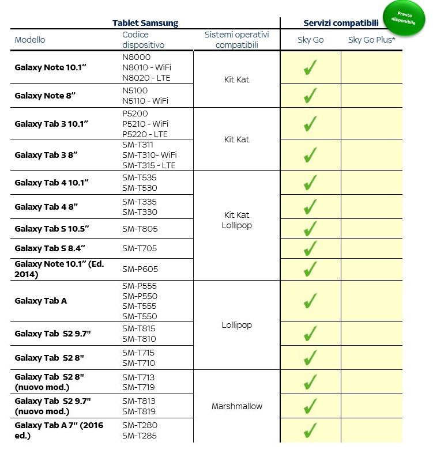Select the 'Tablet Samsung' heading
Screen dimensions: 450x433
(145, 23)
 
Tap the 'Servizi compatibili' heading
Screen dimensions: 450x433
(341, 23)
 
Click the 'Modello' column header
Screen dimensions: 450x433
(30, 40)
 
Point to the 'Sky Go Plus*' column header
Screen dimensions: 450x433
(371, 40)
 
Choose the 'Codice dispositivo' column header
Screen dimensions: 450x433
(143, 40)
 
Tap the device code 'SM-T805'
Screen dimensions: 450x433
(140, 229)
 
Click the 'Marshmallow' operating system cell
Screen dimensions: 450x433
(236, 406)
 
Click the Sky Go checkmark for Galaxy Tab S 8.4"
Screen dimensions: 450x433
(310, 248)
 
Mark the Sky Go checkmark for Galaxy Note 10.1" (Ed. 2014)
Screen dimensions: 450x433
(310, 269)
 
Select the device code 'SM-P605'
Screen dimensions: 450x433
(140, 269)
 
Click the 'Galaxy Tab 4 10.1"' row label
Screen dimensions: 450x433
(51, 183)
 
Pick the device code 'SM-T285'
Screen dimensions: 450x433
(139, 436)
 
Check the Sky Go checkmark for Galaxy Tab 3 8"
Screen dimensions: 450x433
(310, 155)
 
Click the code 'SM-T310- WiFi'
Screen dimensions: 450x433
(149, 155)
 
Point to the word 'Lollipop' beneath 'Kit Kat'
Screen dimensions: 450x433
(236, 225)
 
